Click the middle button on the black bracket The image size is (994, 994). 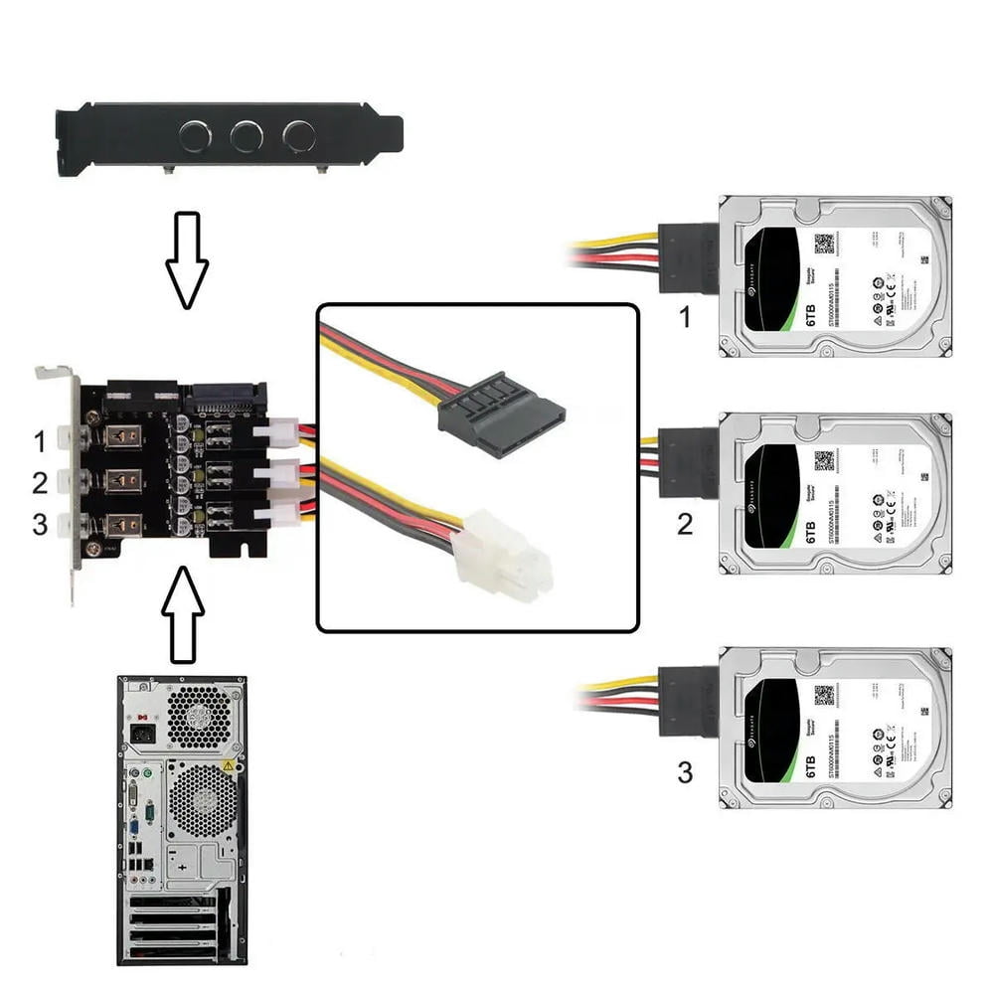pyautogui.click(x=247, y=135)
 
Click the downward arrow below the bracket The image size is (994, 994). pyautogui.click(x=187, y=257)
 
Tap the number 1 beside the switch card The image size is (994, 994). pyautogui.click(x=40, y=439)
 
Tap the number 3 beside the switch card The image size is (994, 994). pyautogui.click(x=40, y=524)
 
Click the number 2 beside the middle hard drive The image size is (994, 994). pyautogui.click(x=685, y=523)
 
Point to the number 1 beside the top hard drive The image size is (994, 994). pyautogui.click(x=684, y=319)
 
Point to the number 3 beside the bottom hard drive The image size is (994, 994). pyautogui.click(x=685, y=771)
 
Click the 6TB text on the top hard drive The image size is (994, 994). pyautogui.click(x=806, y=307)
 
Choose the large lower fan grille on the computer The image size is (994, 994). pyautogui.click(x=203, y=802)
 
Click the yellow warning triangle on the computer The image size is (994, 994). pyautogui.click(x=228, y=766)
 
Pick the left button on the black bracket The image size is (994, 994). pyautogui.click(x=194, y=135)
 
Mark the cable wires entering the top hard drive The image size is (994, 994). pyautogui.click(x=616, y=249)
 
